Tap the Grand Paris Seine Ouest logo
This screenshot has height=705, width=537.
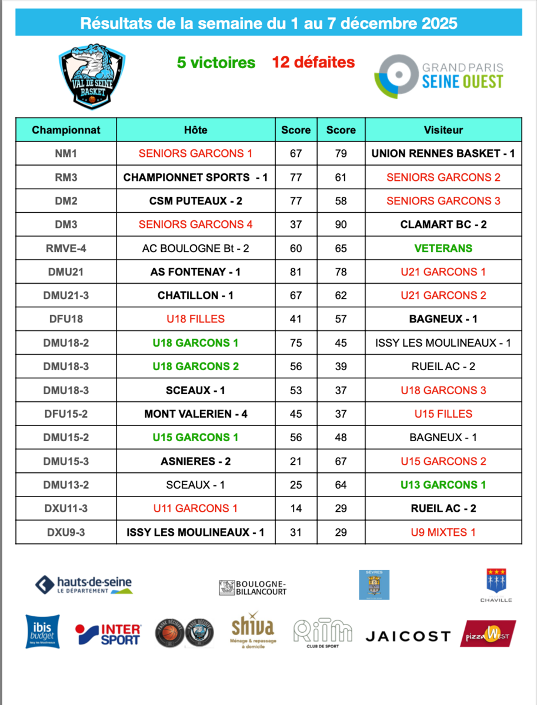coord(439,75)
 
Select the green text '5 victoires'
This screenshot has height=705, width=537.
coord(216,62)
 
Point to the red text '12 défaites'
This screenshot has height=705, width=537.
coord(313,62)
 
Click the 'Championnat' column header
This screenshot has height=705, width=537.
coord(66,130)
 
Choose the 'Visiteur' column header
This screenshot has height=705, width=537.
coord(443,130)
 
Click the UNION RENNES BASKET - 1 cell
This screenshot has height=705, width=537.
coord(443,153)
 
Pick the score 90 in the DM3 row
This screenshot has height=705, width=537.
coord(341,224)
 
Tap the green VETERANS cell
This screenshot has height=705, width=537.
coord(443,248)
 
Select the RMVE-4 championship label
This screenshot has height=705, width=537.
coord(66,248)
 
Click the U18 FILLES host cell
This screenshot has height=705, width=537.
coord(195,319)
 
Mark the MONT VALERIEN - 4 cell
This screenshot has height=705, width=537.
coord(195,414)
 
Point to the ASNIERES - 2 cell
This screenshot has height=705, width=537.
coord(195,461)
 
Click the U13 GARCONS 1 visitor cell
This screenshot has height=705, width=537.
coord(443,485)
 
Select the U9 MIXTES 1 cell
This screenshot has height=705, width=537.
coord(443,532)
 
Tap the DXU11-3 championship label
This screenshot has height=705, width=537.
coord(66,508)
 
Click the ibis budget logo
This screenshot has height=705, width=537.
coord(42,632)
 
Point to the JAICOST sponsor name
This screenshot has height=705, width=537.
coord(408,636)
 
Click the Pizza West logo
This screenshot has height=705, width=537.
coord(488,633)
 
